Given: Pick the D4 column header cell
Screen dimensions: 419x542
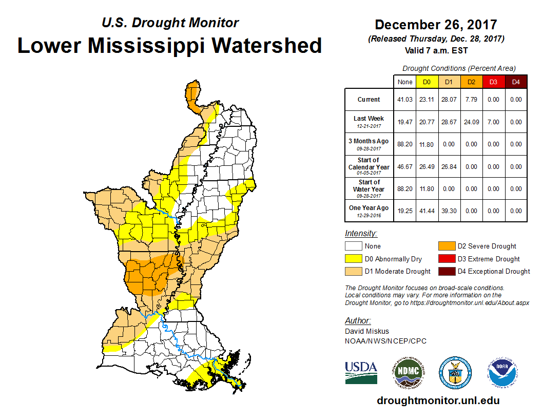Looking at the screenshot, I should (x=516, y=82).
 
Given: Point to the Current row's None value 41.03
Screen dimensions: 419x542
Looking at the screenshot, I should (x=404, y=100).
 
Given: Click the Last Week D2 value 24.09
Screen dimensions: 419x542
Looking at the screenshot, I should (x=471, y=122).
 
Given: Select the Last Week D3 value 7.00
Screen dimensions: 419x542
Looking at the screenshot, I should (x=493, y=122).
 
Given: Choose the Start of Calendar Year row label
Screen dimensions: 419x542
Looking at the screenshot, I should (x=369, y=166).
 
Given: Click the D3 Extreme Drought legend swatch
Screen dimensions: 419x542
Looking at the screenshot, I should (x=446, y=259).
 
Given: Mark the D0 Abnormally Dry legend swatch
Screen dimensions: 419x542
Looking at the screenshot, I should (x=353, y=259).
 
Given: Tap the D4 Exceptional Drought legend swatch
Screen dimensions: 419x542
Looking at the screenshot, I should (x=446, y=271).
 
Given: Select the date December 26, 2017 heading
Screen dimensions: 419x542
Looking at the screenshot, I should (x=436, y=25).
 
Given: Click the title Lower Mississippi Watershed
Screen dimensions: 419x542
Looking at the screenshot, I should (x=170, y=45).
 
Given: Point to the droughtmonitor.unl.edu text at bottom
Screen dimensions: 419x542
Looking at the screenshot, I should (x=438, y=401).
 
